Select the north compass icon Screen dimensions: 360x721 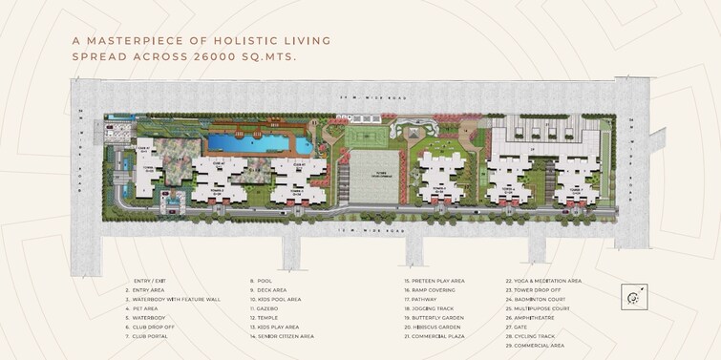tap(631, 298)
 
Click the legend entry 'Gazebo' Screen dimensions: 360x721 tap(272, 308)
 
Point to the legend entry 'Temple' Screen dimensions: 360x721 tap(270, 317)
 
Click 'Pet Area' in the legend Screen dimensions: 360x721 tap(149, 308)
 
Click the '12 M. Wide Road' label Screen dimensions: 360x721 tap(363, 230)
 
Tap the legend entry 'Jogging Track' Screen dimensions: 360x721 tap(434, 308)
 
